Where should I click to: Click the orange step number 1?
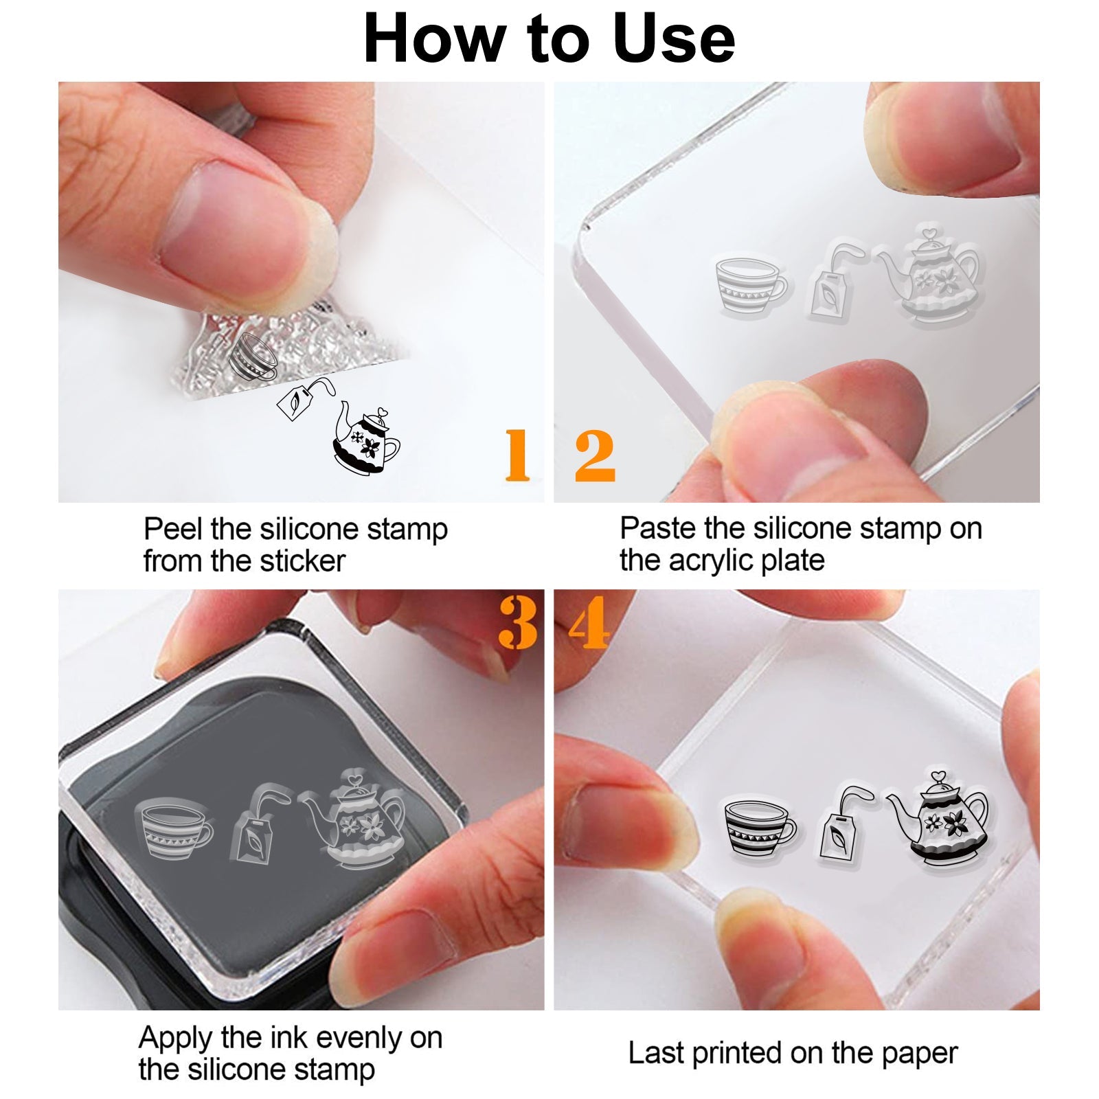pyautogui.click(x=517, y=455)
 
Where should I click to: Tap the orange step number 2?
pyautogui.click(x=595, y=455)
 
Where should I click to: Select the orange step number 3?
pyautogui.click(x=518, y=622)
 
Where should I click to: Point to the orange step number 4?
pyautogui.click(x=589, y=622)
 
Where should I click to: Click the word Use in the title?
pyautogui.click(x=673, y=39)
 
